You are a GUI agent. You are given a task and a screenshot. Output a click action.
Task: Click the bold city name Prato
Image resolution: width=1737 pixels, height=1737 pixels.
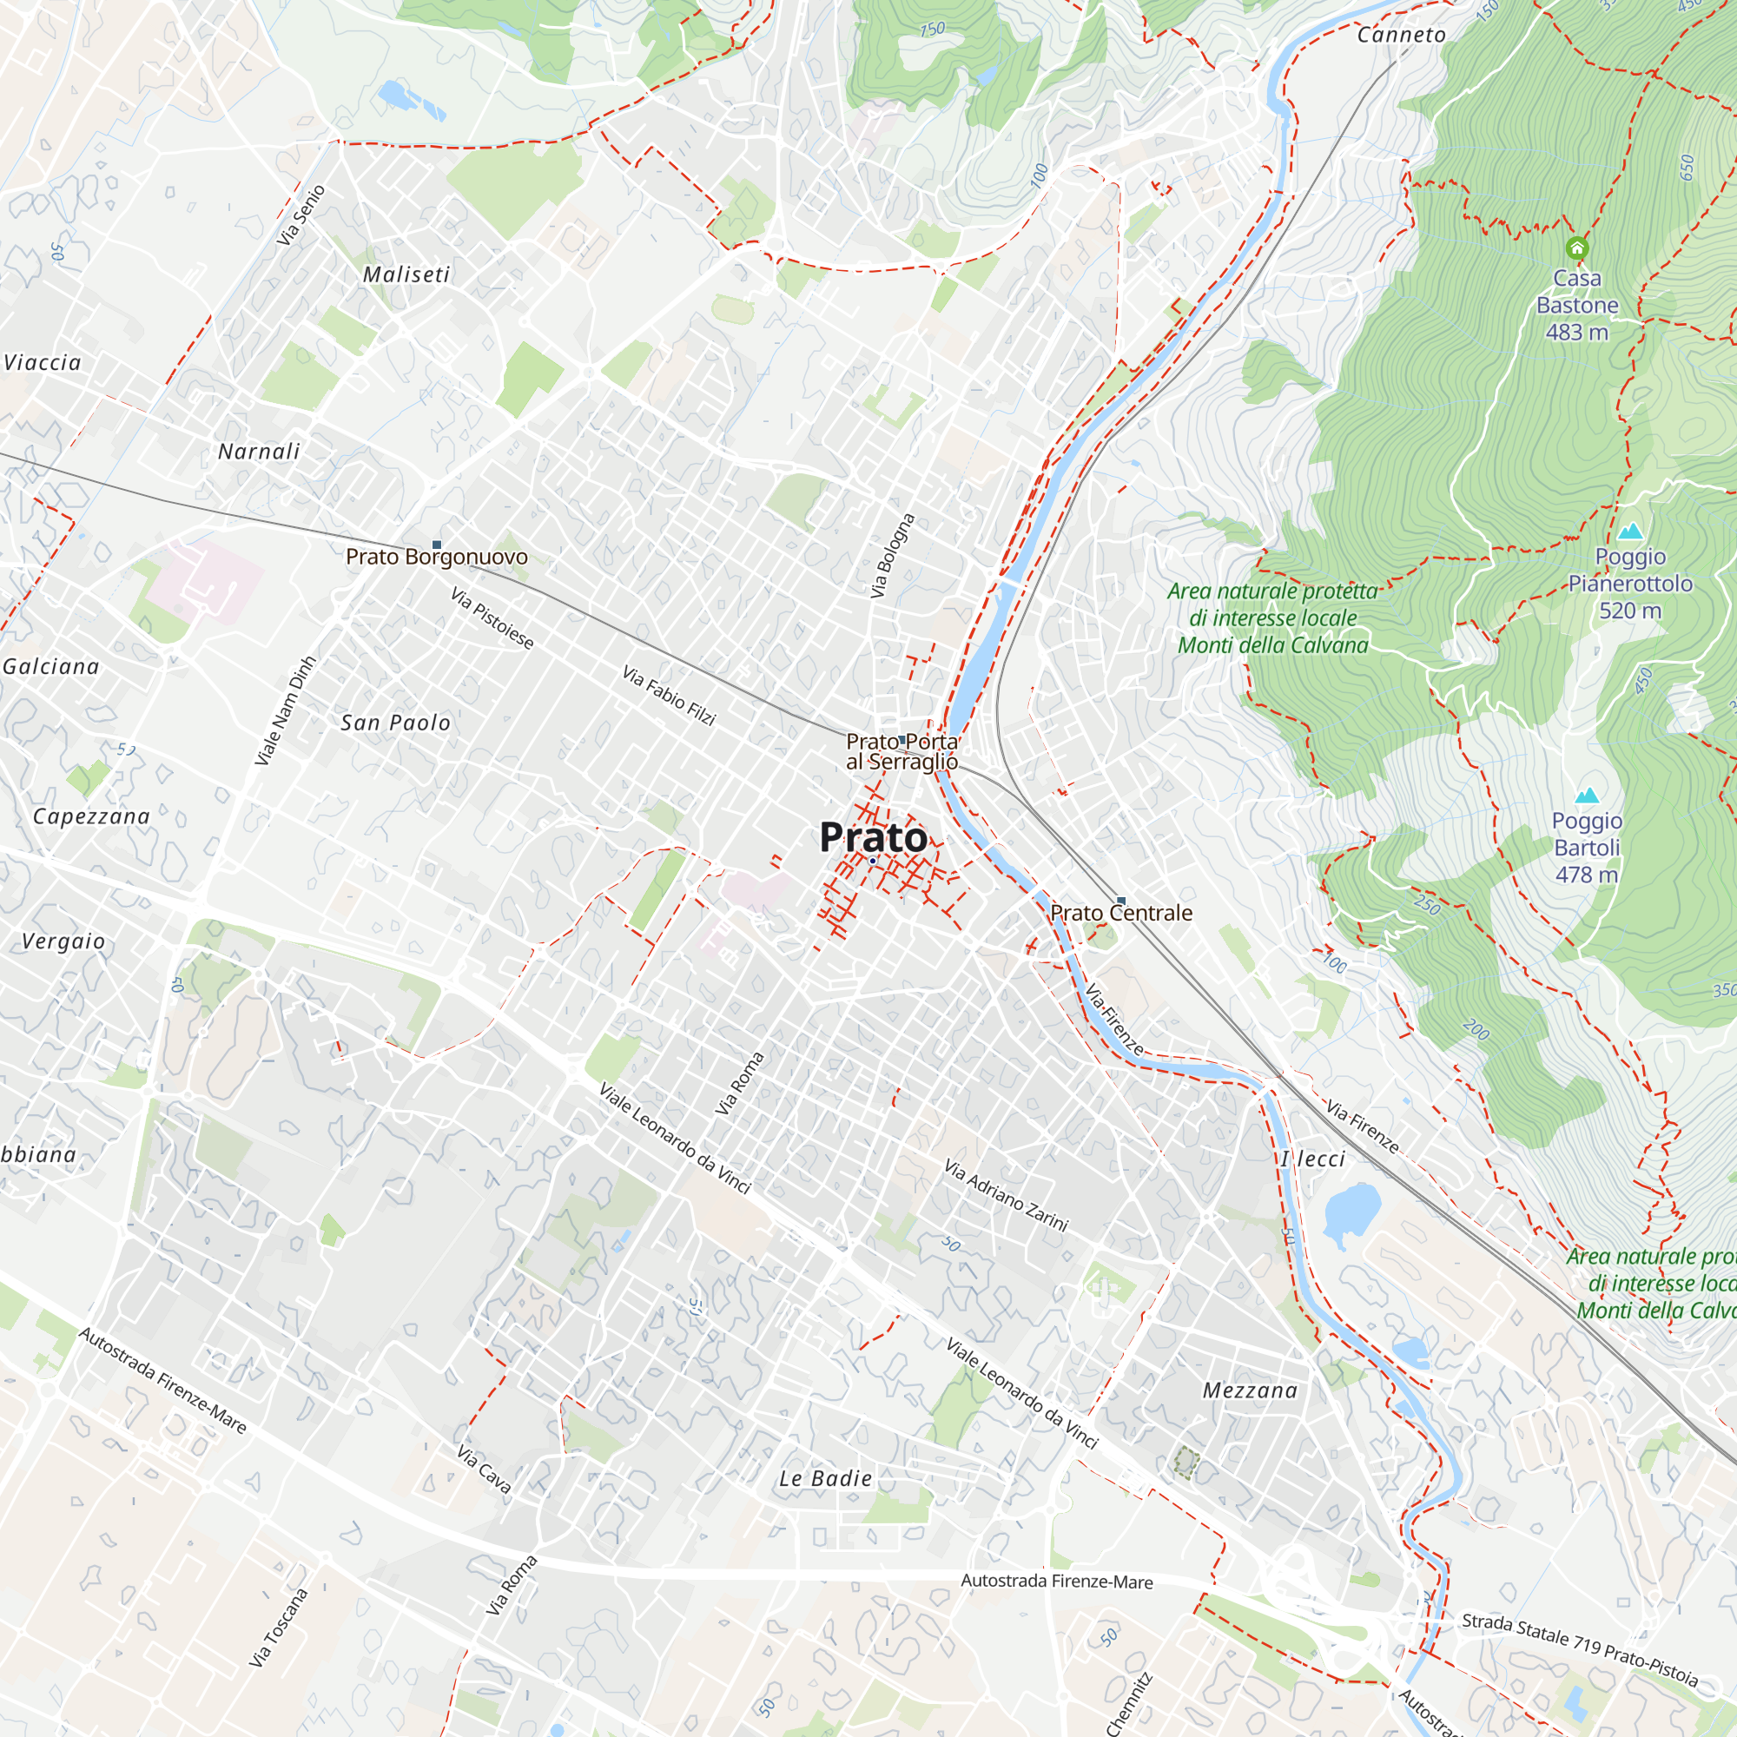coord(873,838)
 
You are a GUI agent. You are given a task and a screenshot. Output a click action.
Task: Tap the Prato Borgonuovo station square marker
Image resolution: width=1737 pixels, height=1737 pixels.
coord(437,545)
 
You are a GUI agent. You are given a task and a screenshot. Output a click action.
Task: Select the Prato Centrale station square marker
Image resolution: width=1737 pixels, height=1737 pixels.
coord(1120,900)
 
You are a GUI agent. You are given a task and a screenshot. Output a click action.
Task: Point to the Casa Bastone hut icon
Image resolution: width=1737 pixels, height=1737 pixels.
coord(1577,248)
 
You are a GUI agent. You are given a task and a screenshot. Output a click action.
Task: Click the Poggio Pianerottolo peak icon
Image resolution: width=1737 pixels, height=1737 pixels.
coord(1630,532)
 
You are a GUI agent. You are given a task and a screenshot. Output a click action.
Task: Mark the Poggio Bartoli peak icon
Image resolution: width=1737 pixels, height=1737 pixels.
coord(1587,796)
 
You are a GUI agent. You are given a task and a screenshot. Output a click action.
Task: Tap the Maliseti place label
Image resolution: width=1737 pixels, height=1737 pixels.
coord(406,275)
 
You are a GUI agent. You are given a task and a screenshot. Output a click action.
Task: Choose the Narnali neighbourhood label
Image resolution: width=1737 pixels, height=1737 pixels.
coord(259,452)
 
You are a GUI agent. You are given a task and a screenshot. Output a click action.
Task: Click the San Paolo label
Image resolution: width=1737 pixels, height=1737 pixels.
coord(395,723)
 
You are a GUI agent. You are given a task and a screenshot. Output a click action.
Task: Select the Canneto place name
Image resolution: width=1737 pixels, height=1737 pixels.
coord(1402,35)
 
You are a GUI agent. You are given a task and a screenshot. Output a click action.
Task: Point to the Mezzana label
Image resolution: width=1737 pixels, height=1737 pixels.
coord(1251,1390)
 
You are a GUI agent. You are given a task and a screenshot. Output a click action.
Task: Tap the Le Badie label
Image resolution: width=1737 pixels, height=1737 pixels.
coord(825,1479)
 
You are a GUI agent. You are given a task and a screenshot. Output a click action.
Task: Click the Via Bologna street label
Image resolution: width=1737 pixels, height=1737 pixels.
coord(892,556)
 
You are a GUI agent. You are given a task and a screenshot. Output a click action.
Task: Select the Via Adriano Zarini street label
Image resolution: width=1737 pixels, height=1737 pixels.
coord(1006,1195)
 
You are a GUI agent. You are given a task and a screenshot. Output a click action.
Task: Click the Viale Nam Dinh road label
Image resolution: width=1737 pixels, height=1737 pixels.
coord(285,711)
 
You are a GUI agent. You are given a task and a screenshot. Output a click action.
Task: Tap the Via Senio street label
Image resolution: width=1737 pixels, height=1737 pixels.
coord(301,215)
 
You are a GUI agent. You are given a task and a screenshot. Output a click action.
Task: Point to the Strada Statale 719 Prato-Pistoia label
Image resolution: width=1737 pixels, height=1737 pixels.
coord(1580,1649)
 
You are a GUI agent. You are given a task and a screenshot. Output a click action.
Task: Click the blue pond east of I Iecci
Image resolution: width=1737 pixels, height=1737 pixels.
coord(1351,1211)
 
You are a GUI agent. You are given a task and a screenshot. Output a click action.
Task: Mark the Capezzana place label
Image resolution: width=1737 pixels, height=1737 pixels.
coord(91,816)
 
